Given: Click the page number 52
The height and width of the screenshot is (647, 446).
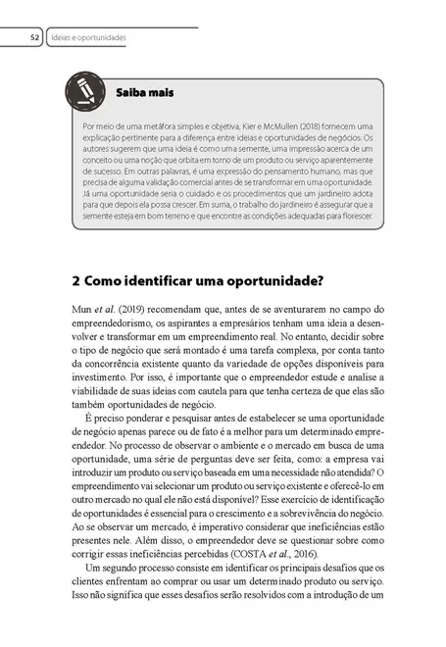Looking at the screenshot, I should [x=33, y=38].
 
